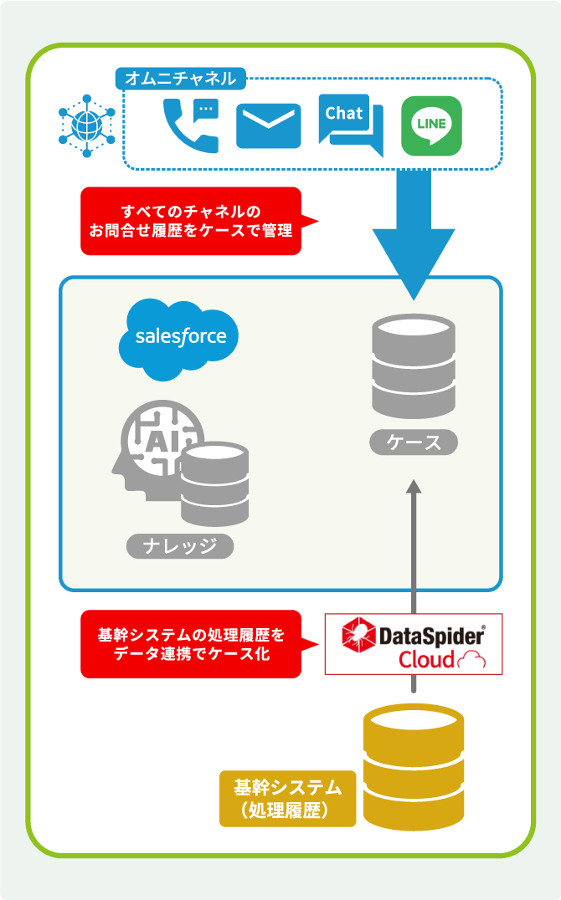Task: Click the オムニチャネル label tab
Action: point(181,78)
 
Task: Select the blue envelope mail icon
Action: point(269,125)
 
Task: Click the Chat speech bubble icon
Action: point(351,124)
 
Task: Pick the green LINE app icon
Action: point(432,125)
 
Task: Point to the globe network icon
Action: point(87,125)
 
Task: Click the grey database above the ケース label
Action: point(414,366)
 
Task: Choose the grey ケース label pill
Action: point(414,442)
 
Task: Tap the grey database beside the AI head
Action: point(215,483)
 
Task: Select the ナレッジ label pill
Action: point(180,546)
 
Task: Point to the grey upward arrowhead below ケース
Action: point(414,486)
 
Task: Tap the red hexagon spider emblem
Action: point(358,634)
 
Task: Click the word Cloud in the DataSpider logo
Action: point(426,659)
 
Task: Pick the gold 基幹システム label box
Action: point(287,799)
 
